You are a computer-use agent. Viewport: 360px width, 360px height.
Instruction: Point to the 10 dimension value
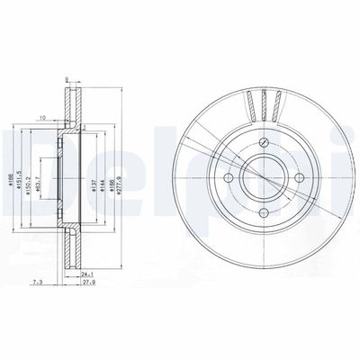[x=42, y=118]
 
